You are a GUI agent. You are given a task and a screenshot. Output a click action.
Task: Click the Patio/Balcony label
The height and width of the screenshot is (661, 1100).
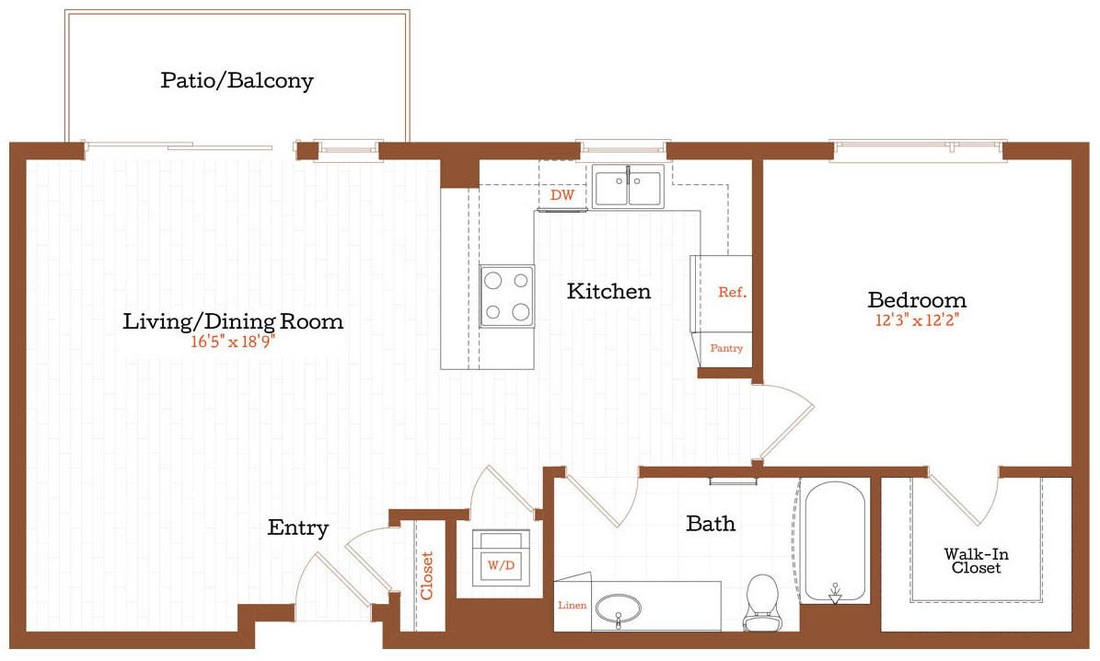[237, 81]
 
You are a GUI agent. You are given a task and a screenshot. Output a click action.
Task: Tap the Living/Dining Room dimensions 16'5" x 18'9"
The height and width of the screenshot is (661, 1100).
[234, 342]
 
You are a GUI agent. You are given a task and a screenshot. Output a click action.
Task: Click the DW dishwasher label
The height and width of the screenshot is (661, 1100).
[562, 196]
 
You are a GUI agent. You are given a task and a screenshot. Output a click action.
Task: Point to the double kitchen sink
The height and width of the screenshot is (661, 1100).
[627, 188]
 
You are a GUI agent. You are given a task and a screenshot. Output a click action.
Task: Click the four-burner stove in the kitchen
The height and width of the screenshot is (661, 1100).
[506, 296]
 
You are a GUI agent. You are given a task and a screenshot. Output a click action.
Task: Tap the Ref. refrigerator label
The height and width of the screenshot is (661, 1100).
[732, 293]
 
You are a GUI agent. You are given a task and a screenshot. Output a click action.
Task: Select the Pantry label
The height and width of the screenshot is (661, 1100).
[725, 349]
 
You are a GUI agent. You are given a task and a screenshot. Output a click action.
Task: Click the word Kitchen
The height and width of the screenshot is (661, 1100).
[608, 292]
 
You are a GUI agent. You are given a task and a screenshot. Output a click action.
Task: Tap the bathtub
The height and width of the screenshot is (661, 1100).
[835, 541]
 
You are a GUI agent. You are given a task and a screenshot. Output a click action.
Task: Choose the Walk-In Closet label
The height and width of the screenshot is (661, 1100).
[972, 562]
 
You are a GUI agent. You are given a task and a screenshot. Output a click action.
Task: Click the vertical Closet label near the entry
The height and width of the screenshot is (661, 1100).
[427, 575]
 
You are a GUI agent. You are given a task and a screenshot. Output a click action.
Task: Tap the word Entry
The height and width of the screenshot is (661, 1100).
[298, 528]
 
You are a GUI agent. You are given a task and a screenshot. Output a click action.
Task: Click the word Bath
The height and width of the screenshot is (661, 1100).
[711, 524]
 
